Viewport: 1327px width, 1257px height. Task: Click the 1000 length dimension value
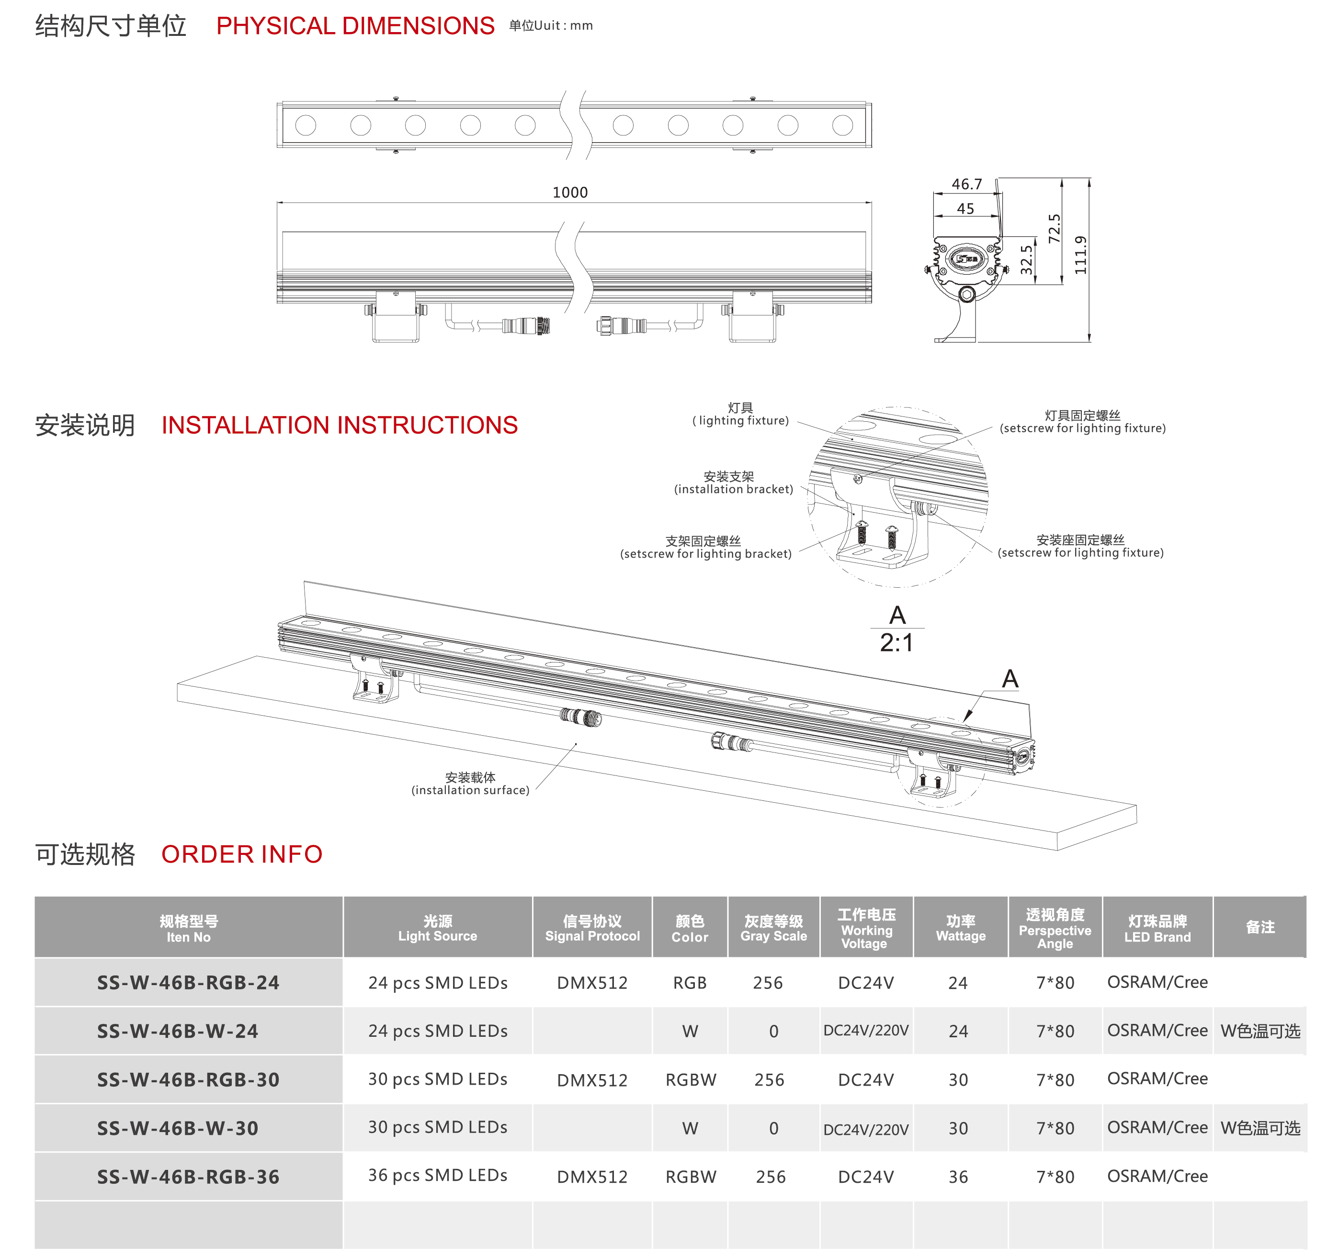pos(570,192)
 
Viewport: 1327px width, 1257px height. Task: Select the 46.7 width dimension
pos(966,184)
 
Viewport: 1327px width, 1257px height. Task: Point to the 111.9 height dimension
pos(1080,255)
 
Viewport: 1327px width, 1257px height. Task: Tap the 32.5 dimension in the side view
pos(1026,260)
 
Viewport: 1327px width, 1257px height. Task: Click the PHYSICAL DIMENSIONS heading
pos(355,26)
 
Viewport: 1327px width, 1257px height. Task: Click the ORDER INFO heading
pos(242,854)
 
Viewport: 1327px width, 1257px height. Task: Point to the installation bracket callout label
pos(733,483)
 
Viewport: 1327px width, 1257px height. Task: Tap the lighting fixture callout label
pos(740,414)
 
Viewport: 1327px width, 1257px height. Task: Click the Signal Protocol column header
pos(592,928)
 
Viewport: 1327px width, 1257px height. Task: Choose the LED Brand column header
pos(1157,929)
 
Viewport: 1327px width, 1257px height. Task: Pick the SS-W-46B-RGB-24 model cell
pos(188,983)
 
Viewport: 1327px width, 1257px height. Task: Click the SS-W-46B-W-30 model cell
pos(178,1128)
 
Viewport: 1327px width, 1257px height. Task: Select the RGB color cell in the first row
pos(690,983)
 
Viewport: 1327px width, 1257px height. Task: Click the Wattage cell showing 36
pos(958,1177)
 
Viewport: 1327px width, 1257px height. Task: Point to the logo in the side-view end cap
pos(966,258)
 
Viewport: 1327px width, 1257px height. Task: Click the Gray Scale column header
pos(773,928)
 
